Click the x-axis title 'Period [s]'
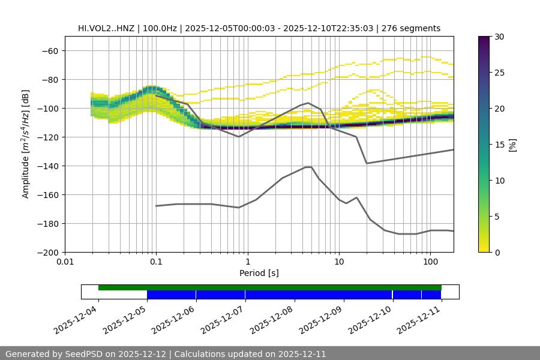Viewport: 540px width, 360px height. tap(259, 273)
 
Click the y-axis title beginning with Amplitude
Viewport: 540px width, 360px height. tap(26, 144)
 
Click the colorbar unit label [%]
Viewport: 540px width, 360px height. tap(512, 144)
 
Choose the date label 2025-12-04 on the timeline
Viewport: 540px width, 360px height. tap(77, 318)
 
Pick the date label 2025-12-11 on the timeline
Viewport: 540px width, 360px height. tap(420, 318)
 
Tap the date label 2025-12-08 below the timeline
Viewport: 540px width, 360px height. tap(273, 318)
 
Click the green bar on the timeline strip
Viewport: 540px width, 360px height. tap(270, 287)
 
